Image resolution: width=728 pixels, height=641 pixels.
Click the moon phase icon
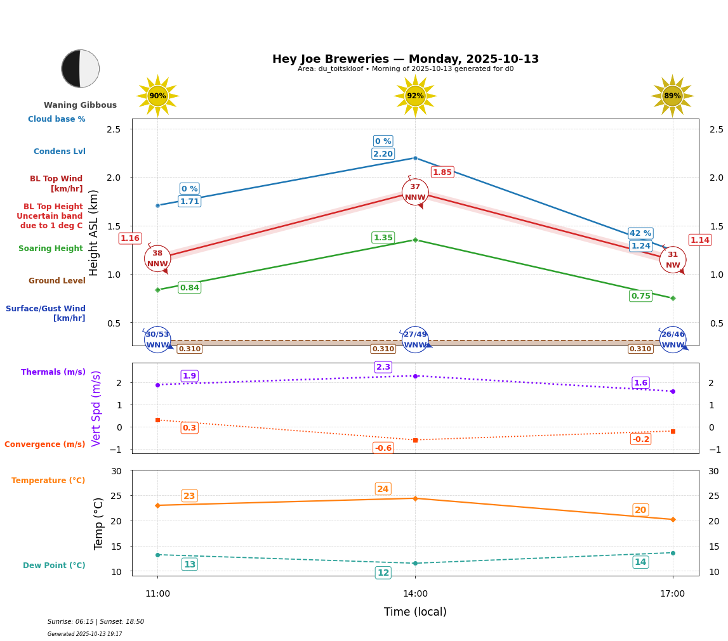point(80,68)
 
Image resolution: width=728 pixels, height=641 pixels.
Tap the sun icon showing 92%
point(415,96)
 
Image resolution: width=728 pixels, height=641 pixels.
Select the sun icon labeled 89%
point(672,96)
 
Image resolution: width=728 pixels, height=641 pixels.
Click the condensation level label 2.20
point(383,154)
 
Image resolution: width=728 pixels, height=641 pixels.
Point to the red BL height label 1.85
point(442,172)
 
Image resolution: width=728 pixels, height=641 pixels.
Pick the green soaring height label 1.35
point(383,238)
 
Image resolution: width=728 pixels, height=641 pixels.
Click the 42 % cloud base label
point(640,233)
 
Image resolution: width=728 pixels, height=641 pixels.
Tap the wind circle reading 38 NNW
point(157,259)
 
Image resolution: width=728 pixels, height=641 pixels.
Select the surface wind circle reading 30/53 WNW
point(157,340)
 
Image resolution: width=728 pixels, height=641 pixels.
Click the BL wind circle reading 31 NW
point(672,260)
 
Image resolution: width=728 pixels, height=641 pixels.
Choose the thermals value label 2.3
point(383,367)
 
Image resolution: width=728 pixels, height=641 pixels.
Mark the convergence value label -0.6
point(383,448)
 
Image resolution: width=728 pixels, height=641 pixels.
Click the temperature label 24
point(383,489)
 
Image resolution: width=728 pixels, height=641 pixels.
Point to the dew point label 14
point(640,562)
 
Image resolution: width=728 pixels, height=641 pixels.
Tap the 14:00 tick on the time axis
point(415,594)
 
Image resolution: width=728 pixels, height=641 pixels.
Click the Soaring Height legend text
point(51,249)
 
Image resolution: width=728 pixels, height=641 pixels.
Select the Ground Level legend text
point(57,281)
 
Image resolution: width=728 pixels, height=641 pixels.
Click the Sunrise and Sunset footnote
point(96,622)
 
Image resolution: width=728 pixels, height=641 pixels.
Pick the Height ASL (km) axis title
point(94,232)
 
